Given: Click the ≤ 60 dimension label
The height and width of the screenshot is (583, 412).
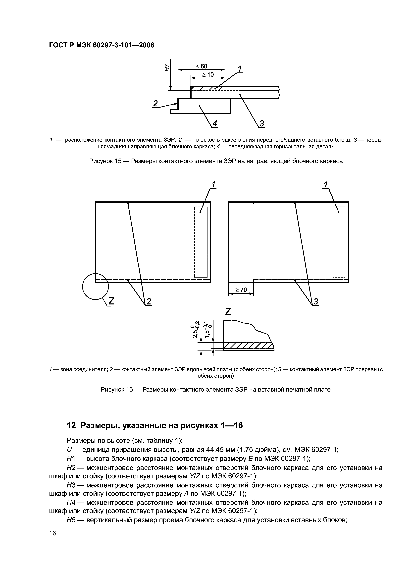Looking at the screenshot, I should point(201,66).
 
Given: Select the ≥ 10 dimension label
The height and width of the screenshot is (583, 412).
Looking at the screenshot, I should point(208,75).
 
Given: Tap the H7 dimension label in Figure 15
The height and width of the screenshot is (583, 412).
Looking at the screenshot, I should point(167,68).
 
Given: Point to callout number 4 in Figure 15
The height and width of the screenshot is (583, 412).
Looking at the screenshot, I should point(215,124).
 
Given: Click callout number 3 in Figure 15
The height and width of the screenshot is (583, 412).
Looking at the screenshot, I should point(262,124).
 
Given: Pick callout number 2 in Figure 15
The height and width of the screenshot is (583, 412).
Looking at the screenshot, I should point(155,104).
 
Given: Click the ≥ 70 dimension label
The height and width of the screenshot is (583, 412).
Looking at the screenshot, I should point(241,290).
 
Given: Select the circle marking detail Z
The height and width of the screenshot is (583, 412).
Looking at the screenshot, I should point(96,286).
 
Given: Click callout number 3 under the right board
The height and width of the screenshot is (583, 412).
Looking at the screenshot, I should point(316,301).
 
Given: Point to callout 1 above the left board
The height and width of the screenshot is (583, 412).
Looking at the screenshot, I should point(213,185).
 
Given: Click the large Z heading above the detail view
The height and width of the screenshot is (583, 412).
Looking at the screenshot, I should point(228,311).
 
